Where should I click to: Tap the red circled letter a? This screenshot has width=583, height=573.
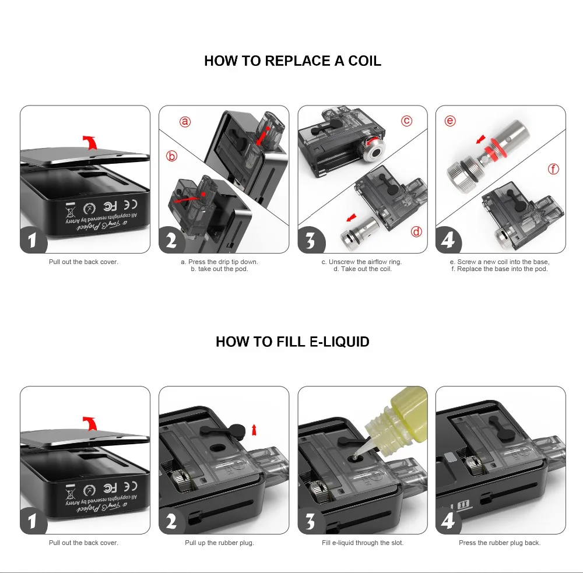[x=185, y=122]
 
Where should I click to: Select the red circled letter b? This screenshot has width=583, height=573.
[x=171, y=156]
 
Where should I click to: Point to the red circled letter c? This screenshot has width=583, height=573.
[x=406, y=121]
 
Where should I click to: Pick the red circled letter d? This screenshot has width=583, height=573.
[x=416, y=231]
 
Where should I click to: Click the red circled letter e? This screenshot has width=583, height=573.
[x=449, y=121]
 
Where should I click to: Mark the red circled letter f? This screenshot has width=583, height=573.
[x=553, y=169]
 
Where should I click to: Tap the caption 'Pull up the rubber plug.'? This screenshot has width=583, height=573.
[x=219, y=543]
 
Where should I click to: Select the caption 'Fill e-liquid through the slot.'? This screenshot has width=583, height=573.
[x=363, y=543]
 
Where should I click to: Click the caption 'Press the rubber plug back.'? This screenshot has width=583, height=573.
[x=500, y=543]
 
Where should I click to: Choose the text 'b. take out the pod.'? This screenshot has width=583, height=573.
[x=219, y=269]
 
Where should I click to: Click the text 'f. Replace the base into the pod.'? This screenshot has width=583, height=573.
[x=500, y=269]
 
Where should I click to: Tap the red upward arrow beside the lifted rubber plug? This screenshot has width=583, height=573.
[x=254, y=430]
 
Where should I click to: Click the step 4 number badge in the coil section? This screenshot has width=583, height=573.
[x=448, y=240]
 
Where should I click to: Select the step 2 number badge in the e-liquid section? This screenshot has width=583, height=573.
[x=171, y=521]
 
